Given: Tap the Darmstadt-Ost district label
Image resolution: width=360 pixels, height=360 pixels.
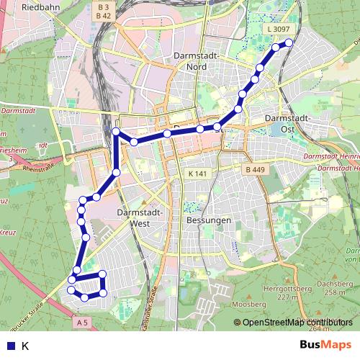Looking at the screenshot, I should tap(287, 123).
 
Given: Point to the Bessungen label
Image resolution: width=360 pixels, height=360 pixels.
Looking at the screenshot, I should tap(208, 220).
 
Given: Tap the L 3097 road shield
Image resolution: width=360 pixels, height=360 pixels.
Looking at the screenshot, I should tap(277, 29).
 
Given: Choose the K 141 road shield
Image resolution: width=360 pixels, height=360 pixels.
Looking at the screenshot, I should tap(197, 174).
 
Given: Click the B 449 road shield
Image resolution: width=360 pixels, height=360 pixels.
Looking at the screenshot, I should tap(254, 170).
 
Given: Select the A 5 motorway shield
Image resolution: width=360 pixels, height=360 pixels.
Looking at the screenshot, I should tap(83, 323).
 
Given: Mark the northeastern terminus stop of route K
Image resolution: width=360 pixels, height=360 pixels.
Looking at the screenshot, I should tap(289, 42).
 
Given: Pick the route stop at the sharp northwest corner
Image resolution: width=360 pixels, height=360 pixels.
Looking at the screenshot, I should tap(116, 131).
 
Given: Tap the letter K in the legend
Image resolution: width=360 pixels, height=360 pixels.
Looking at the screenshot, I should tap(25, 346).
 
